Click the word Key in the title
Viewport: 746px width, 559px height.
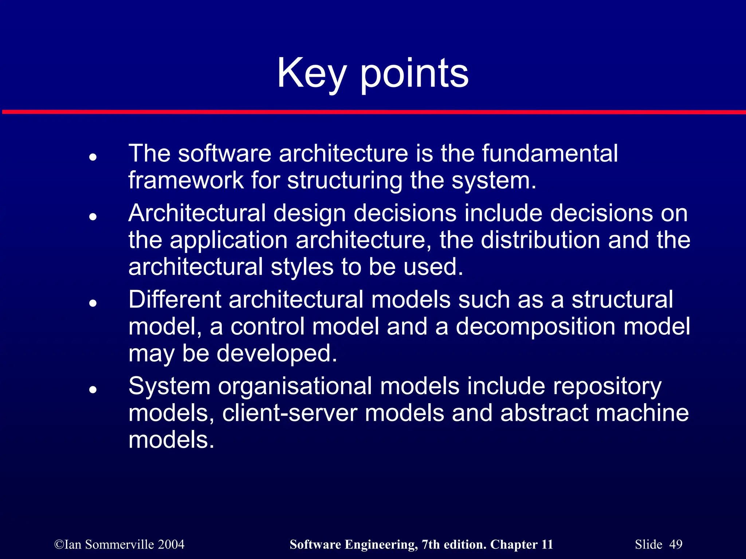[x=311, y=74]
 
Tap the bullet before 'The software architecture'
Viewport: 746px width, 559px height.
[x=93, y=157]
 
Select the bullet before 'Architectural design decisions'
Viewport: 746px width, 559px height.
[x=93, y=217]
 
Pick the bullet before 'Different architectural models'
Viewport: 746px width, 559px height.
[x=93, y=303]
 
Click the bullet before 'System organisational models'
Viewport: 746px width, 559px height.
[x=93, y=389]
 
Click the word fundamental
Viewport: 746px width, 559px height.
[x=550, y=153]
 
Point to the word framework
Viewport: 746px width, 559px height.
[x=186, y=180]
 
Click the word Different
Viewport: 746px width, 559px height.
[x=174, y=300]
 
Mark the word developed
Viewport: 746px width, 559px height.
[x=277, y=354]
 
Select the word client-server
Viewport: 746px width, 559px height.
[x=290, y=413]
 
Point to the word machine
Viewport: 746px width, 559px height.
[x=642, y=413]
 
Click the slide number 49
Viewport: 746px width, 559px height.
[x=676, y=544]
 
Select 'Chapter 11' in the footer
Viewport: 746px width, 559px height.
[x=521, y=544]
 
